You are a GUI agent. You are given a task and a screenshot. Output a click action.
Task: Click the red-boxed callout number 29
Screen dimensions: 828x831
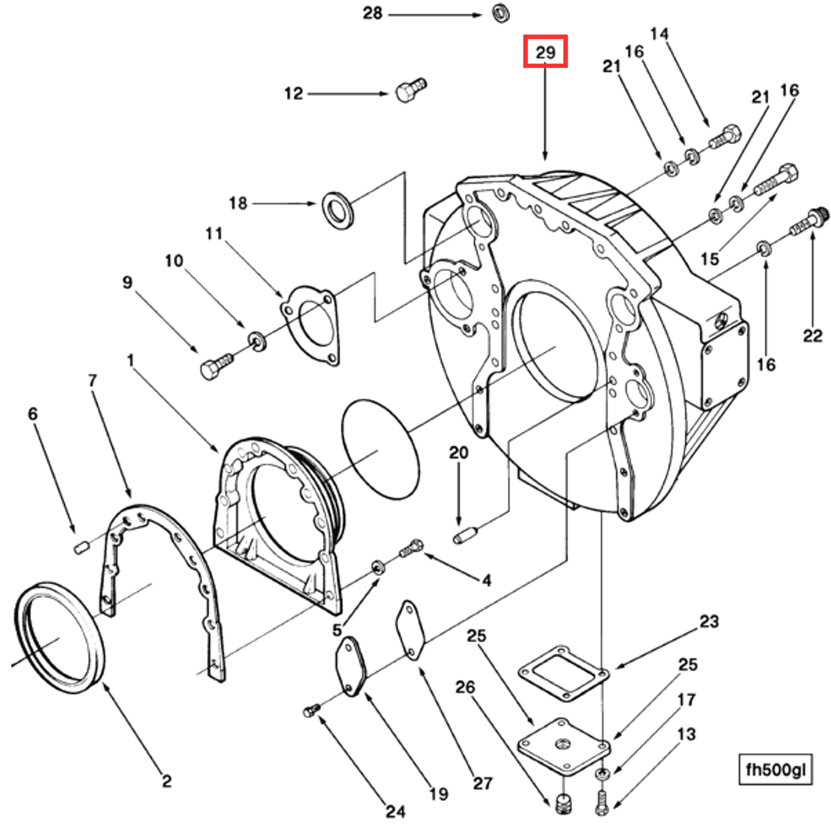coord(545,51)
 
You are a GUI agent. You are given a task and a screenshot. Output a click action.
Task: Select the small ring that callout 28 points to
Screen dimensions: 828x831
coord(501,13)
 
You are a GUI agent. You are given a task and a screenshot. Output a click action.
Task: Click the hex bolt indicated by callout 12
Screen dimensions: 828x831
coord(411,90)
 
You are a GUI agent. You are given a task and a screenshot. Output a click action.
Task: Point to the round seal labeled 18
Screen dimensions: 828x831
coord(338,210)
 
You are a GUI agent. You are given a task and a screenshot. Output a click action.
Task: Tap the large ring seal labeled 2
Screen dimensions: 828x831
coord(59,637)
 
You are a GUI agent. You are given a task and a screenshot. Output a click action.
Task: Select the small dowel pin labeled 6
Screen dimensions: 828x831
coord(81,547)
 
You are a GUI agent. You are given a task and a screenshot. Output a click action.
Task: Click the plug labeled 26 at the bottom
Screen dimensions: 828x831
coord(563,803)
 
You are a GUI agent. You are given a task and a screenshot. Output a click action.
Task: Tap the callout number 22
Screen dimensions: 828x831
coord(812,336)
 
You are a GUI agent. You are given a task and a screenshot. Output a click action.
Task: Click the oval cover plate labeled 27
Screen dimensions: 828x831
coord(410,630)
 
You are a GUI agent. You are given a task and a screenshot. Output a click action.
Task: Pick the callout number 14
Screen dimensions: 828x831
coord(659,34)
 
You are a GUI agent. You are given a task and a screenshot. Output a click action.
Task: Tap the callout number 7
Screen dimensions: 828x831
coord(92,380)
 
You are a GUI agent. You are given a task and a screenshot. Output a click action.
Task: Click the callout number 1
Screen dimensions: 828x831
coord(130,360)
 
